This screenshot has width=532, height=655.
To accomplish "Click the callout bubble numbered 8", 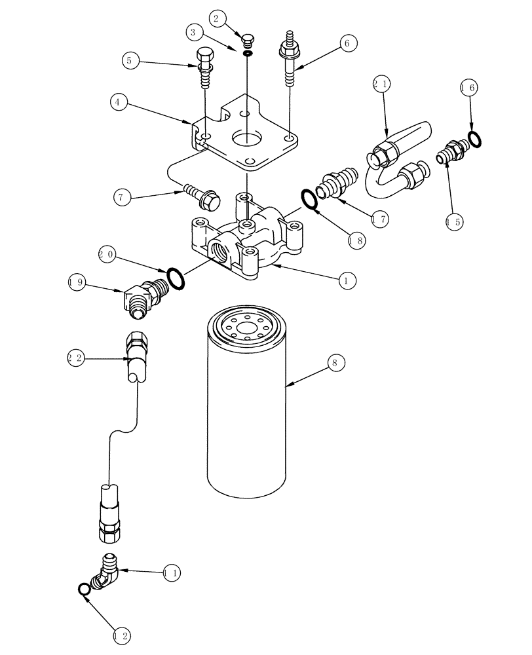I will (336, 362).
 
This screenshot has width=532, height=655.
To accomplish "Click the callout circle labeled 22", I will (77, 358).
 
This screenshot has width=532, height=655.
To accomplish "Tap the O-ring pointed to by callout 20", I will (176, 277).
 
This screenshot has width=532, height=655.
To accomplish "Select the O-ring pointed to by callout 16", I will (475, 138).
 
